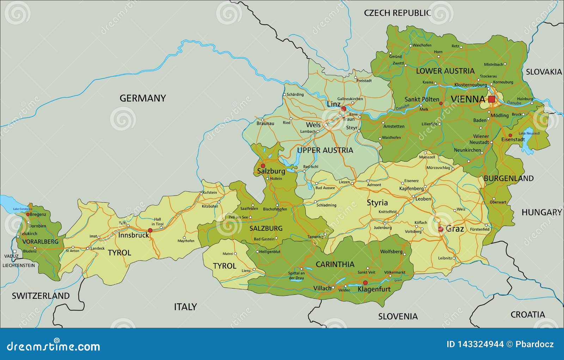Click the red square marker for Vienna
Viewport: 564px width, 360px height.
491,99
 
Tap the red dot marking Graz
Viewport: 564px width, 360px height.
441,229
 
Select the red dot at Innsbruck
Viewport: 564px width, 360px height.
150,230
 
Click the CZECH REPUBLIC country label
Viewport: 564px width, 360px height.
397,13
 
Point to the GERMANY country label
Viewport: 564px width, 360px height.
142,98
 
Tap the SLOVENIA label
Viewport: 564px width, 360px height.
398,316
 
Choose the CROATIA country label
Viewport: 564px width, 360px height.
527,314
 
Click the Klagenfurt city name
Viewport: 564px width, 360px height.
374,289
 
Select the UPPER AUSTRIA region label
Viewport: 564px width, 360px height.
325,150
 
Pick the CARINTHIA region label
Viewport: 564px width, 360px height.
335,264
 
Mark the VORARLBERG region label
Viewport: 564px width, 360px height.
40,242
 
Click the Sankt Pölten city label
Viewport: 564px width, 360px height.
422,99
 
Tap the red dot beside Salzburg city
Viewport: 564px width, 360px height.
263,166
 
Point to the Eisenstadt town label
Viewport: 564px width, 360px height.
513,139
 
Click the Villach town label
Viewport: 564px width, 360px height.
322,288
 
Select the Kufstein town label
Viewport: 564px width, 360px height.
210,193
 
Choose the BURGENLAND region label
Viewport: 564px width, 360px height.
508,178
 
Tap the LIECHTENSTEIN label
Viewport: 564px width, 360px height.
19,265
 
